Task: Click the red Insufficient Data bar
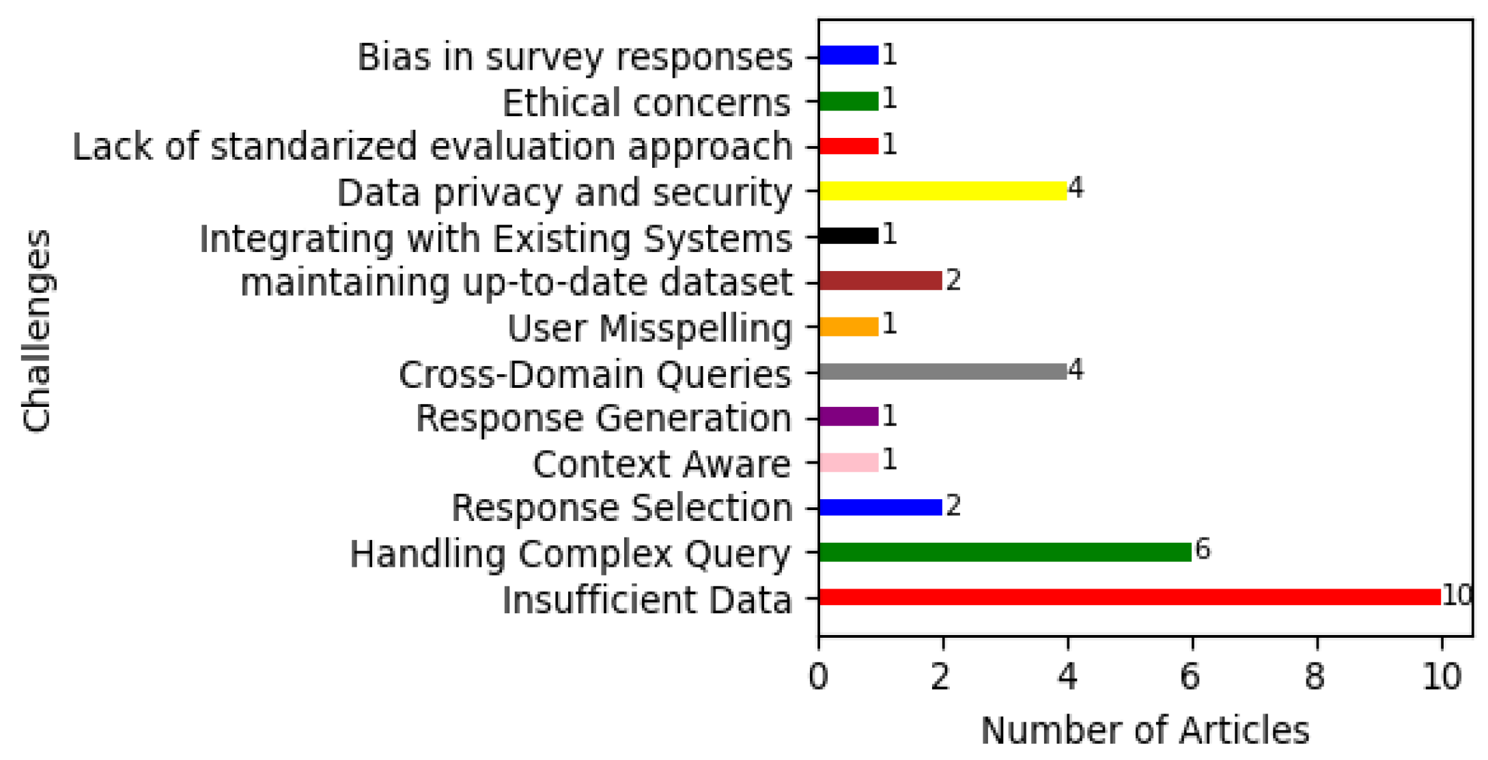[x=1129, y=597]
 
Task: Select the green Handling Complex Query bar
[x=1005, y=552]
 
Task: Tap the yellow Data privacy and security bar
[x=942, y=191]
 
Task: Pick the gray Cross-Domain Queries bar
[x=942, y=371]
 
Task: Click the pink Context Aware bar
[x=849, y=462]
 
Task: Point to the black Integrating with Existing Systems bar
[x=849, y=236]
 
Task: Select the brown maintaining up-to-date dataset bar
[x=880, y=281]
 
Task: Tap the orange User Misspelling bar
[x=849, y=326]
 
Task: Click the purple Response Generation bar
[x=849, y=417]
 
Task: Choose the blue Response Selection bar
[x=880, y=507]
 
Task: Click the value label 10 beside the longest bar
[x=1456, y=595]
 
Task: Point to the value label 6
[x=1203, y=549]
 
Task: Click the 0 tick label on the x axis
[x=818, y=677]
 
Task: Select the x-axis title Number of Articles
[x=1145, y=731]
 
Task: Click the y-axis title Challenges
[x=38, y=330]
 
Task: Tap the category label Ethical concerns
[x=646, y=103]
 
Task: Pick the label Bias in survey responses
[x=574, y=57]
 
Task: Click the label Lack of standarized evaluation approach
[x=432, y=147]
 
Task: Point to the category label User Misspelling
[x=649, y=328]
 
